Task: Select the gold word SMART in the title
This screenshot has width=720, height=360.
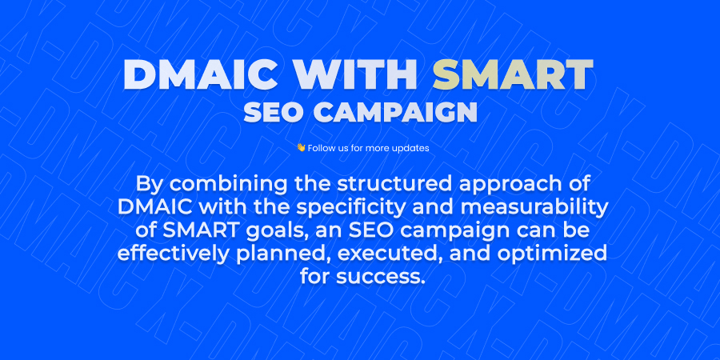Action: [x=513, y=76]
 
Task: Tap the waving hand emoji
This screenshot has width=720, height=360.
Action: [x=301, y=148]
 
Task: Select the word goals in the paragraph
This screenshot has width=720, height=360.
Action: [x=269, y=230]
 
